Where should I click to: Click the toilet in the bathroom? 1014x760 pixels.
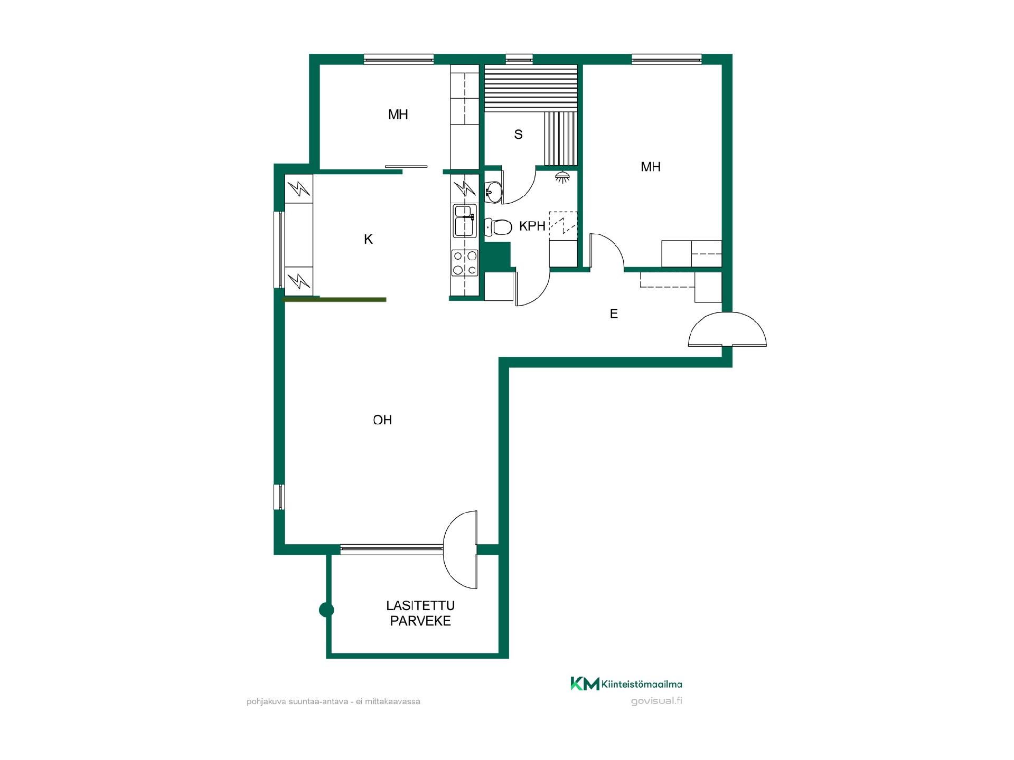(498, 227)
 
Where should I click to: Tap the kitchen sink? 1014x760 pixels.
(464, 221)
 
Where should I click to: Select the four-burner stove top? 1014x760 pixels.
(465, 263)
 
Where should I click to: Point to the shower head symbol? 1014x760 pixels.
(563, 177)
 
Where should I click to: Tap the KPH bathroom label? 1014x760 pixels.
(532, 226)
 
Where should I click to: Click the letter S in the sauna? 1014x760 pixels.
(518, 135)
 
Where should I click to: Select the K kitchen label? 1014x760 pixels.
(368, 240)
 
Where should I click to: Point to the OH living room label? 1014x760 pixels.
(382, 420)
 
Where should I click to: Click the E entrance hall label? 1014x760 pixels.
(614, 314)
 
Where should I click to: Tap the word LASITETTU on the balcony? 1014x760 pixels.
(420, 605)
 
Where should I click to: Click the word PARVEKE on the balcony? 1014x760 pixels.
(420, 621)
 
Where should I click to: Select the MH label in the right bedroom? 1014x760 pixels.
(651, 167)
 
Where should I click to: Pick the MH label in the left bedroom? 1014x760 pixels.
(398, 115)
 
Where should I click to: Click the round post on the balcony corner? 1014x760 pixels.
(327, 610)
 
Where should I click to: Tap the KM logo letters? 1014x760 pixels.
(585, 683)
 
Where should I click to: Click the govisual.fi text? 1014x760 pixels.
(656, 701)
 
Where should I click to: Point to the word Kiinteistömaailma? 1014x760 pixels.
(642, 685)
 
